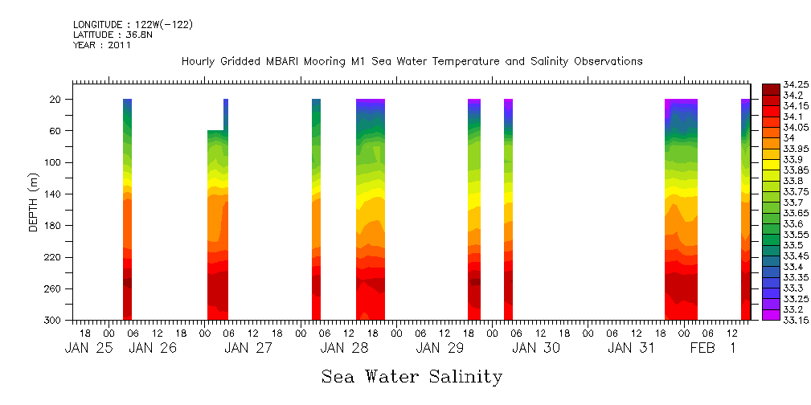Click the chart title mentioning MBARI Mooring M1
pos(412,61)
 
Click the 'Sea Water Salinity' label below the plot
pos(412,376)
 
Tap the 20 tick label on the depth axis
pos(56,100)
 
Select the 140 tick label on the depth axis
pos(54,194)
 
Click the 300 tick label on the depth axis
pos(54,320)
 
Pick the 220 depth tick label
pos(54,257)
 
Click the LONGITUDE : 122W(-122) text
pos(133,25)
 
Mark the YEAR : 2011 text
pos(101,45)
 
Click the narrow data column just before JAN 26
pos(127,209)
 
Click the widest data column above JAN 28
pos(371,209)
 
